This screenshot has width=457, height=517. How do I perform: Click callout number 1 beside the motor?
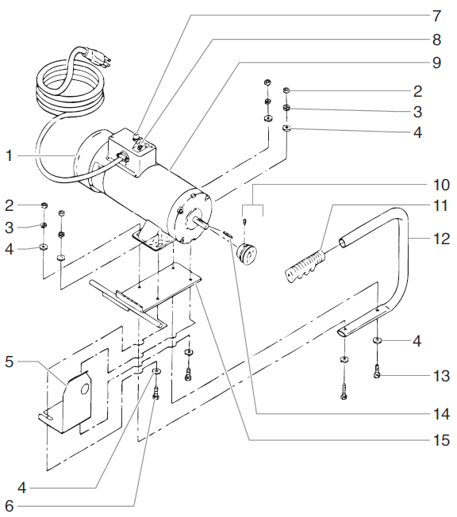(x=10, y=156)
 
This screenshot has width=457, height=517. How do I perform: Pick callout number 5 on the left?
(x=10, y=362)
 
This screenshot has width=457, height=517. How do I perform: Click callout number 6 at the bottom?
(x=10, y=505)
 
